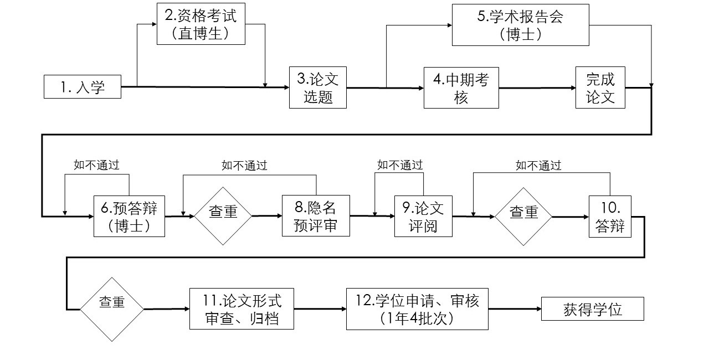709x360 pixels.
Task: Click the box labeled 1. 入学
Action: [x=83, y=87]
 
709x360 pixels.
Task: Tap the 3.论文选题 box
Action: [x=318, y=88]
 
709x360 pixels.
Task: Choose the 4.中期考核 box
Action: [x=461, y=88]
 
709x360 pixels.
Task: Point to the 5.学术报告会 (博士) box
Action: [x=520, y=25]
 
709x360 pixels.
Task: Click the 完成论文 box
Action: [x=600, y=88]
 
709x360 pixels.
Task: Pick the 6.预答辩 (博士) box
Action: [x=129, y=216]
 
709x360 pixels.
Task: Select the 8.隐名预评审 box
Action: [x=315, y=216]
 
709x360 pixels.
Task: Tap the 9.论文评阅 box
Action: [x=423, y=216]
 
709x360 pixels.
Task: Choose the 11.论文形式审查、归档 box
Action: [x=242, y=309]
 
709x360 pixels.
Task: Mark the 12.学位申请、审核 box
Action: [x=417, y=309]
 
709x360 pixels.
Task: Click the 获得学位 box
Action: [x=592, y=309]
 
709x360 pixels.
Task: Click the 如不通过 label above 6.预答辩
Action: [x=97, y=164]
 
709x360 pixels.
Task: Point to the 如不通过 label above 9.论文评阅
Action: [x=400, y=164]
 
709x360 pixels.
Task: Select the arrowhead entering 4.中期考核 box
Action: [x=420, y=88]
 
